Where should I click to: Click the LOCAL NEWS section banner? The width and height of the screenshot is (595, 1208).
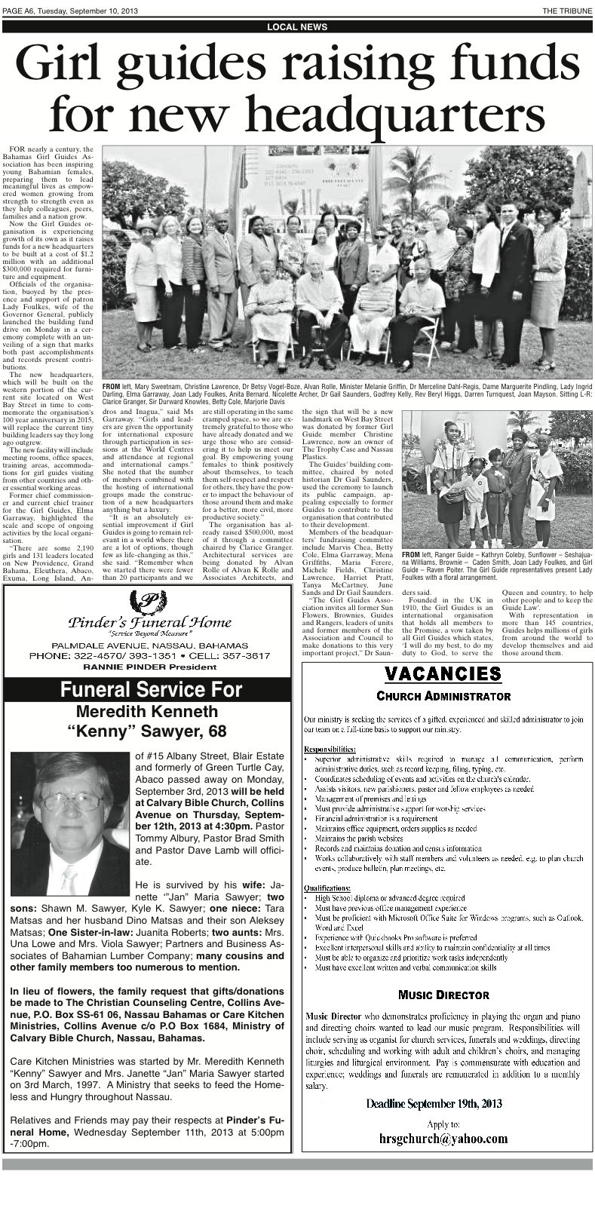tap(297, 27)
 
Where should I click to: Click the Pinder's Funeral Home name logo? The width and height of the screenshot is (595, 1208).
tap(149, 622)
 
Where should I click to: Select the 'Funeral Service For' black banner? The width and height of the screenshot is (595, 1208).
tap(151, 690)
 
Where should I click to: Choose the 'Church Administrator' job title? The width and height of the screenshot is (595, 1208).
tap(443, 695)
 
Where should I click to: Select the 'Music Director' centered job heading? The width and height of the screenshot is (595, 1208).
tap(443, 995)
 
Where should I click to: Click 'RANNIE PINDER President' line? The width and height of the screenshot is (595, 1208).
tap(150, 667)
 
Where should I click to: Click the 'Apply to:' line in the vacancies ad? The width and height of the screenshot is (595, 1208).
tap(443, 1124)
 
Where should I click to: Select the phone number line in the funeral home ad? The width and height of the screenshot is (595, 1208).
tap(150, 656)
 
